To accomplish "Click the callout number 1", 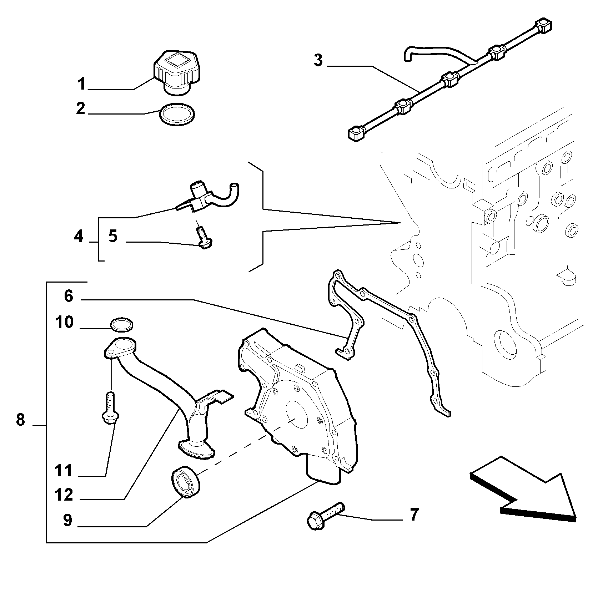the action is tap(82, 84).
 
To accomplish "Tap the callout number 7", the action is tap(413, 515).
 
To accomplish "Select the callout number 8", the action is tap(21, 420).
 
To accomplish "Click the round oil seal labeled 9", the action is tap(186, 481).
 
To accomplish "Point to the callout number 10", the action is tap(64, 323).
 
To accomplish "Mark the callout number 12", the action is tap(64, 495).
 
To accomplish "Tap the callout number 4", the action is tap(79, 237).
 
